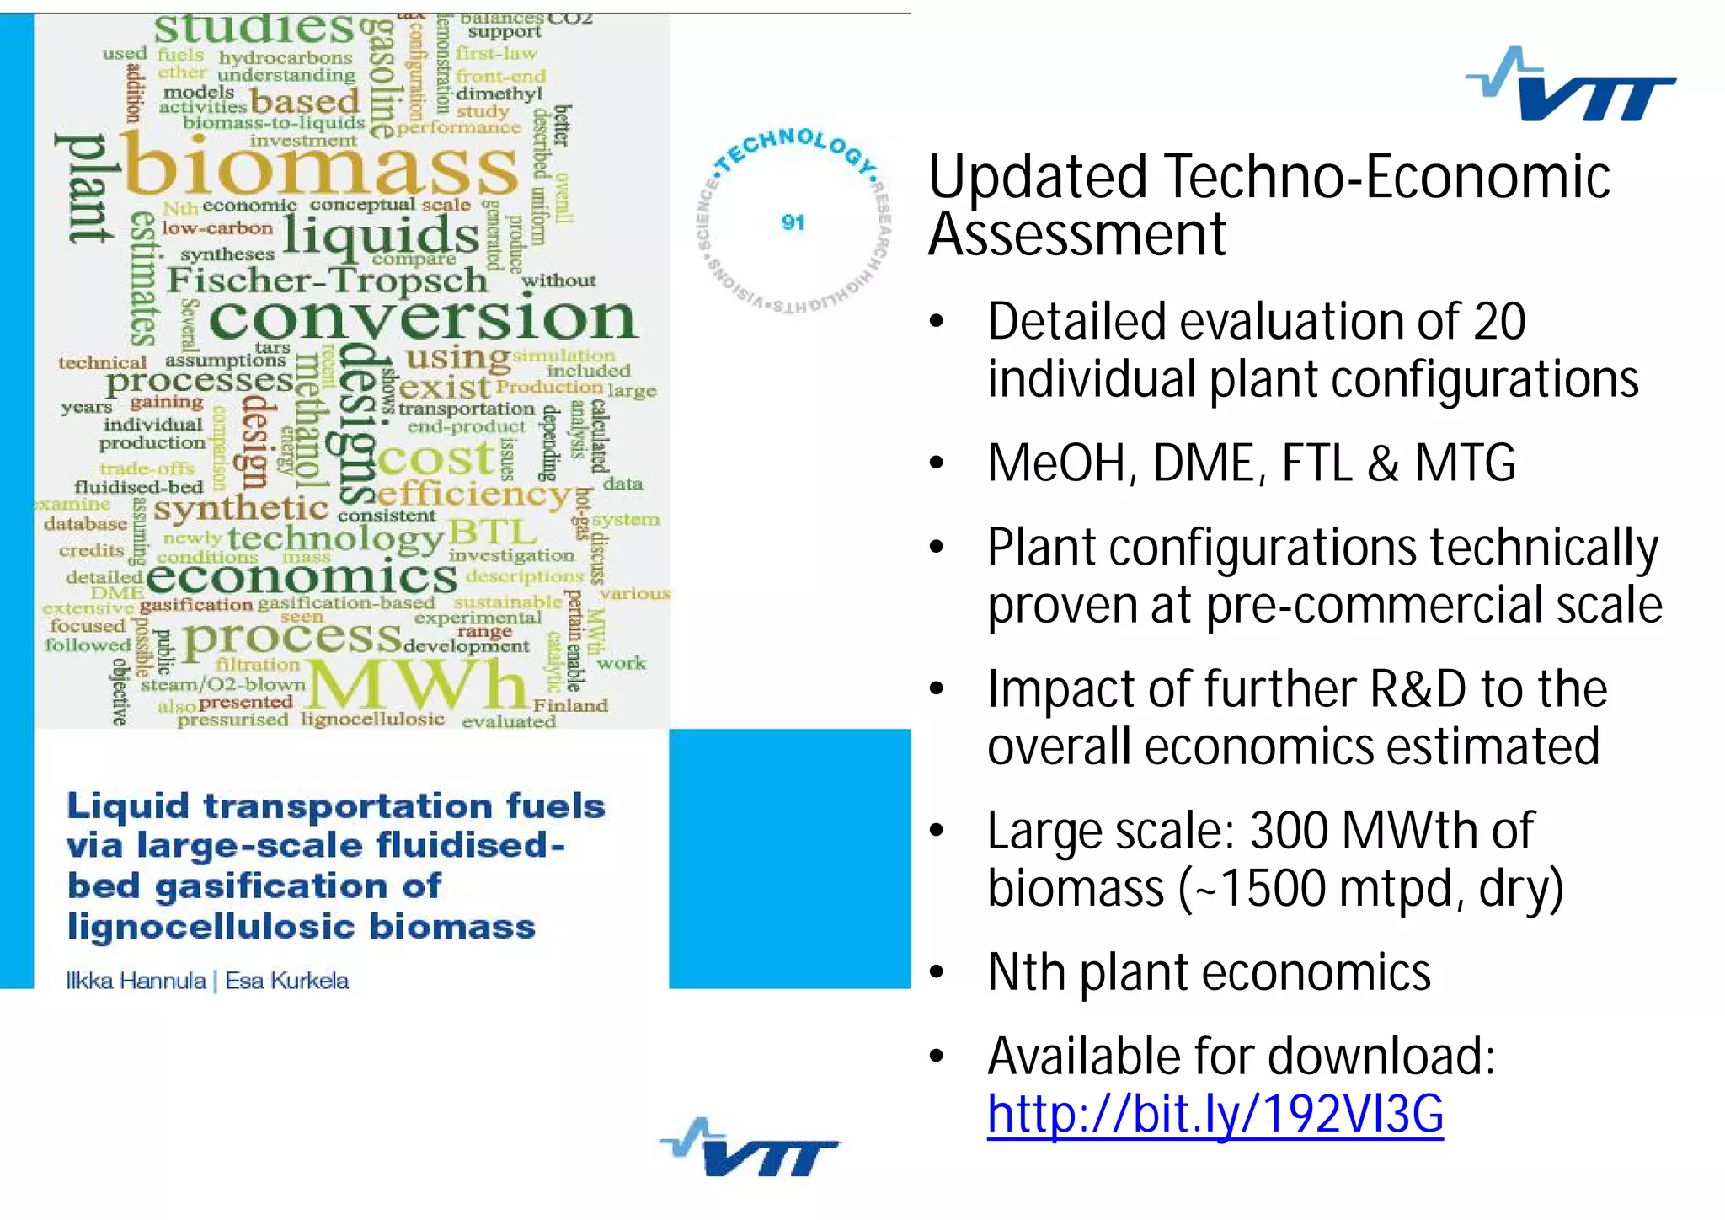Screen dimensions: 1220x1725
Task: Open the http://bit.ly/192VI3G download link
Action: tap(1215, 1114)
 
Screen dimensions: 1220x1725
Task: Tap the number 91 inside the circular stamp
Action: tap(793, 222)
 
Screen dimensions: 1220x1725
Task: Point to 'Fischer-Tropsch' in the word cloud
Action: tap(327, 280)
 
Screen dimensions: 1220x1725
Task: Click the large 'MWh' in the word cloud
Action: tap(417, 684)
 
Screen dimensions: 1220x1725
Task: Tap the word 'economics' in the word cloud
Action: tap(302, 578)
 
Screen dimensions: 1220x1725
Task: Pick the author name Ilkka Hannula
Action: tap(136, 981)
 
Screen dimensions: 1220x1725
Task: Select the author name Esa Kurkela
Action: tap(286, 981)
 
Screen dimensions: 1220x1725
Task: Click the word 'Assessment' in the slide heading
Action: tap(1076, 234)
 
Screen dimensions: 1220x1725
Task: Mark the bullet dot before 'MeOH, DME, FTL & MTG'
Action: tap(937, 464)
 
